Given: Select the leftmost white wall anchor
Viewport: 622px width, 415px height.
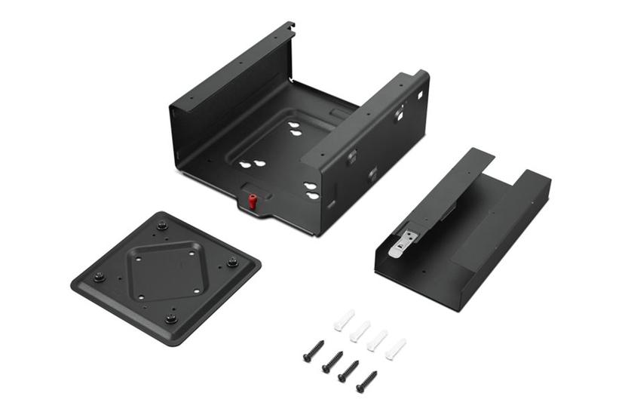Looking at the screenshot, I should (343, 321).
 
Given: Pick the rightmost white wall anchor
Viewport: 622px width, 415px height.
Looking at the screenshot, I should (395, 349).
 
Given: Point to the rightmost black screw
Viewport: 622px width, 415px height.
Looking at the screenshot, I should (366, 381).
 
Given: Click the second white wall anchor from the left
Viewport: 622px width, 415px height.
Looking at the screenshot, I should (360, 330).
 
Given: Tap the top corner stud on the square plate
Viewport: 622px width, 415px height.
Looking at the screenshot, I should (161, 224).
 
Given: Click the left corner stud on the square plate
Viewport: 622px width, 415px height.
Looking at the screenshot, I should (99, 277).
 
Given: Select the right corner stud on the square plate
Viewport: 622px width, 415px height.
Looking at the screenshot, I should (232, 263).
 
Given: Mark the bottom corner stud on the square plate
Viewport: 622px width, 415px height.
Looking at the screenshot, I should (171, 318).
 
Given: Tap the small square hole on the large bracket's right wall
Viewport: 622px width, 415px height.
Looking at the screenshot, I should (419, 95).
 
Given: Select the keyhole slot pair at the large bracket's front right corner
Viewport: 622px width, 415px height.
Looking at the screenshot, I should (311, 190).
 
